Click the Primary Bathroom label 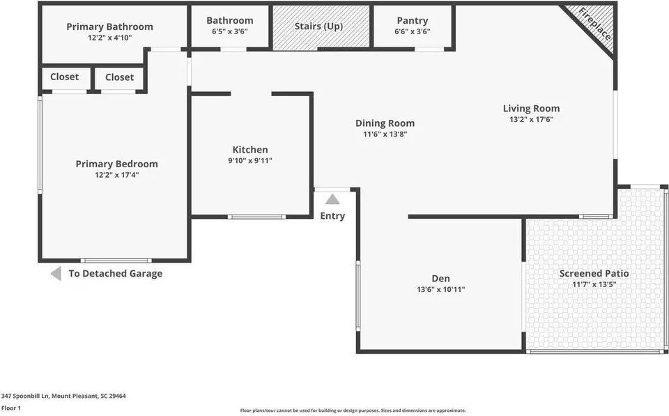pos(109,27)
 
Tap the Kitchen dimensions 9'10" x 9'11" pos(250,161)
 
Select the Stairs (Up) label pos(318,26)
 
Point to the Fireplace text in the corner pos(594,24)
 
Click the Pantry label pos(412,21)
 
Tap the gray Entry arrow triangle pos(332,199)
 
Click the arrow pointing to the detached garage pos(56,273)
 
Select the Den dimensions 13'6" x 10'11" pos(440,289)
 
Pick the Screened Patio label pos(594,273)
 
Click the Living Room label pos(531,109)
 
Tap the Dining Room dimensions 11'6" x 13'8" pos(385,134)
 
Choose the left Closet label pos(64,77)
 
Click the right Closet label pos(119,77)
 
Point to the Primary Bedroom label pos(116,164)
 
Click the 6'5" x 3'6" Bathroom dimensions pos(229,31)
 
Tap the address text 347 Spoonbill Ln pos(25,396)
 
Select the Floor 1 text pos(11,408)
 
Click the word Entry pos(332,216)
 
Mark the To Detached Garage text pos(115,273)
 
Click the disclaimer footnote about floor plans pos(353,410)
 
